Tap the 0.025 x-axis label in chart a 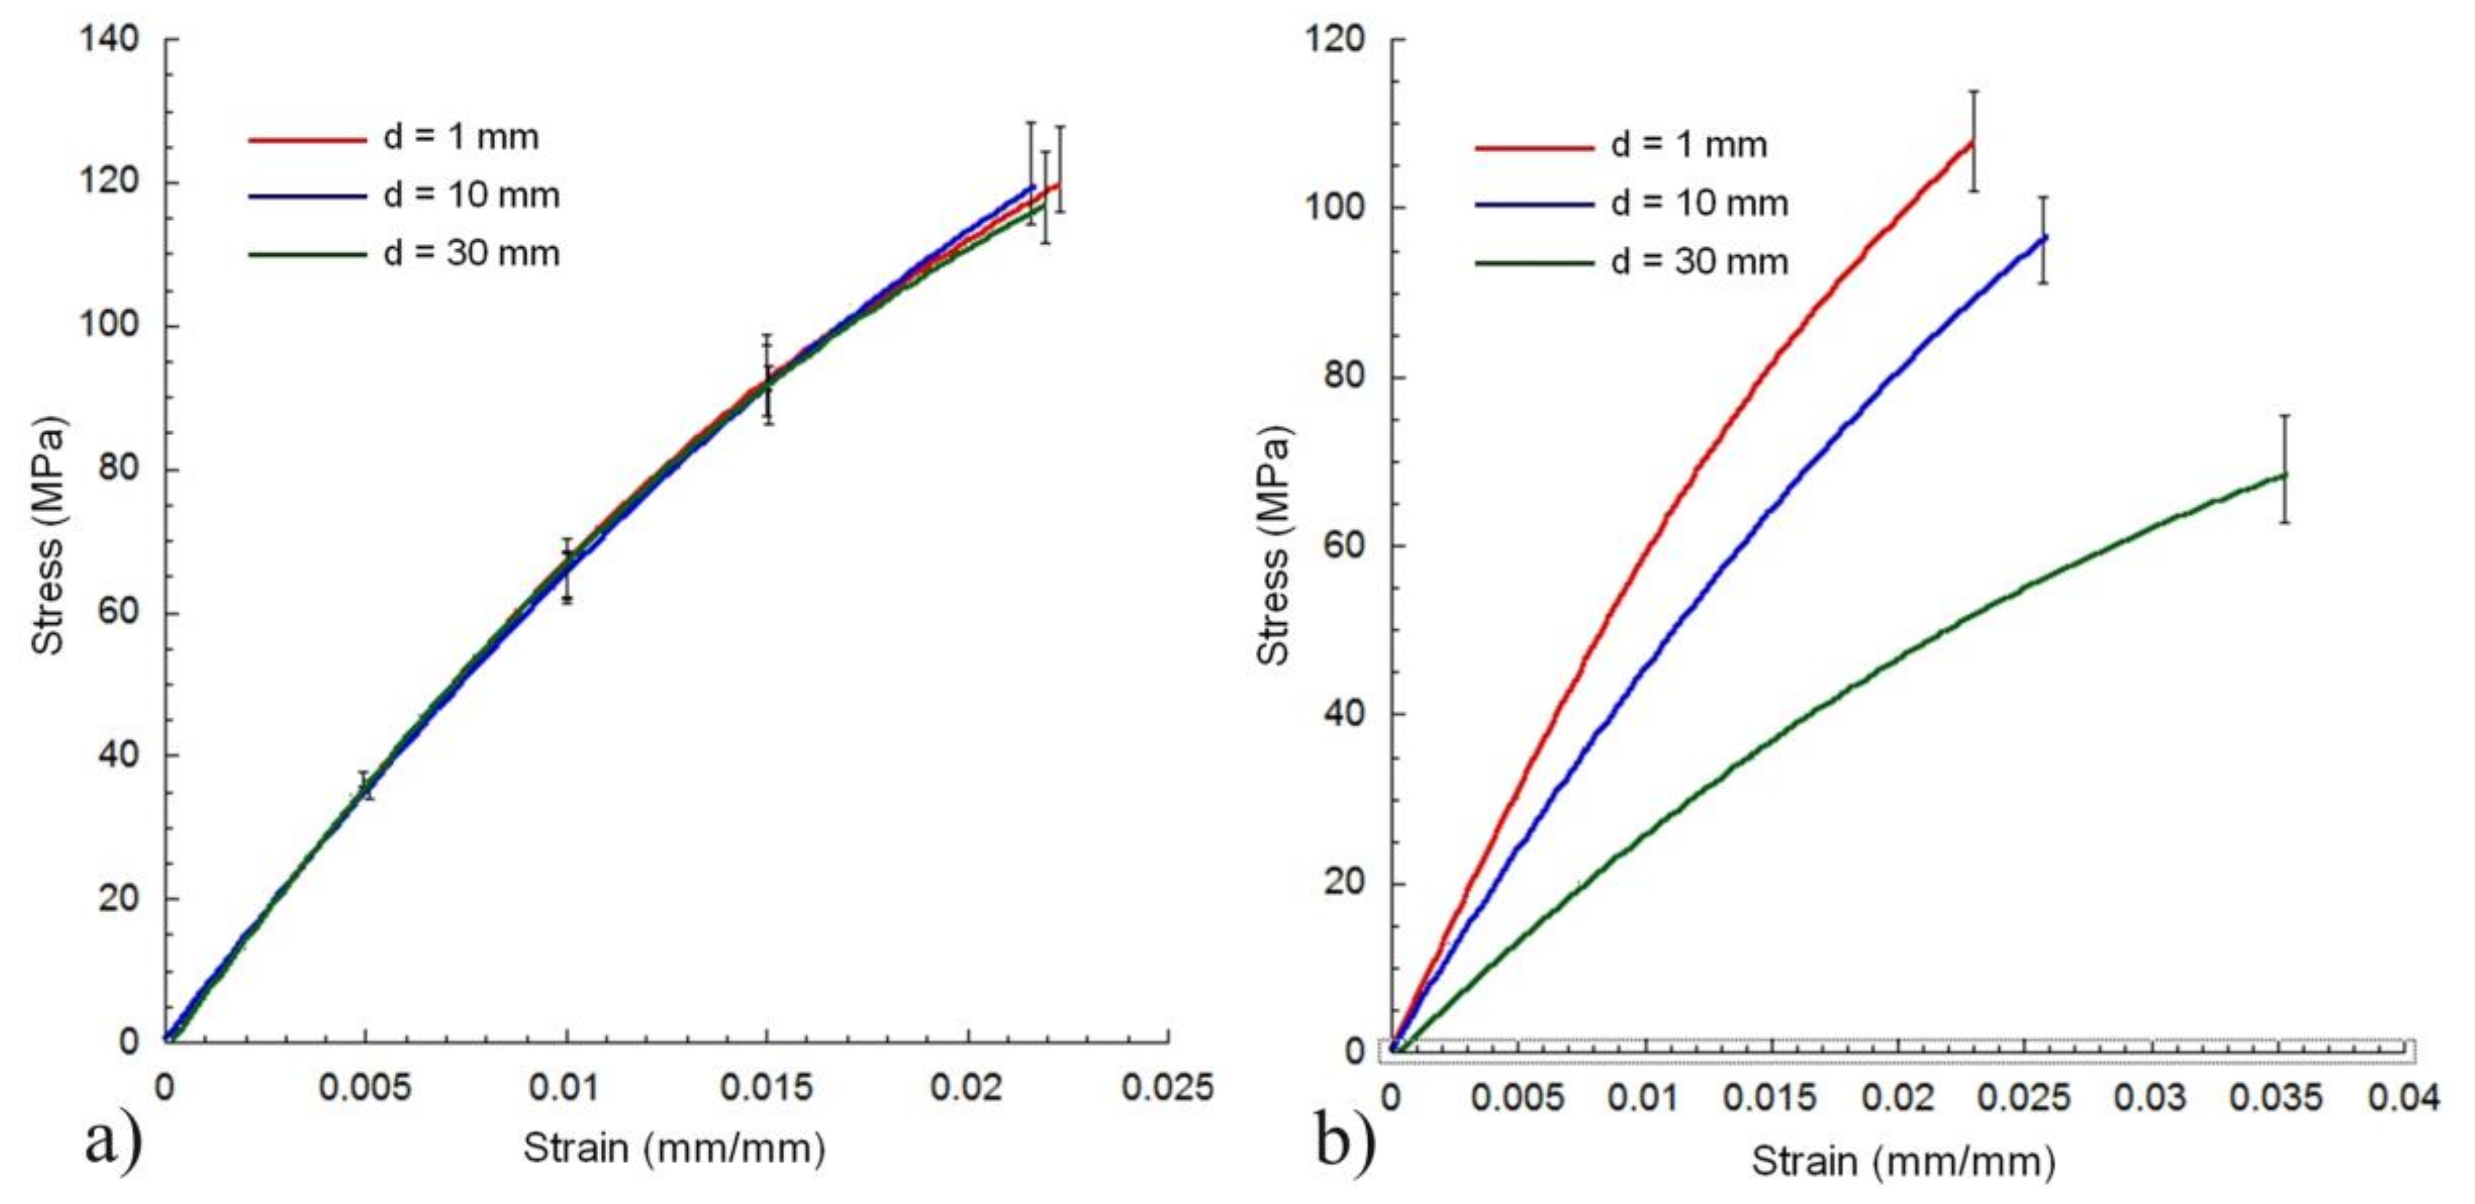coord(1167,1087)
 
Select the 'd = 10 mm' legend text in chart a coord(471,195)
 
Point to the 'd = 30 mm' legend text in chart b coord(1699,261)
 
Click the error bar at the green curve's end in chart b coord(2285,470)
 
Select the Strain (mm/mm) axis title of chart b coord(1902,1162)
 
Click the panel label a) coord(113,1141)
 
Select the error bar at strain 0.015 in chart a coord(767,379)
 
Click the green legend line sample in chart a coord(307,255)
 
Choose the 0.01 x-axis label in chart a coord(566,1087)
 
